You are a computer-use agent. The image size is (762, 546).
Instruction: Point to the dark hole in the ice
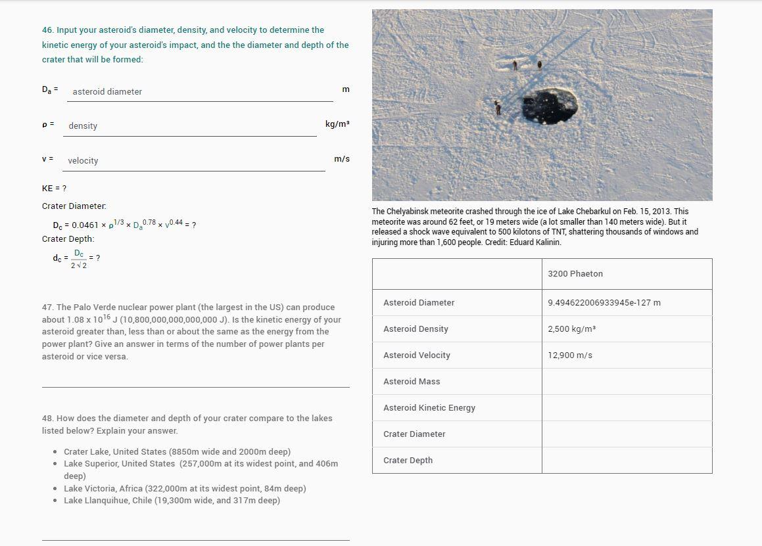(550, 105)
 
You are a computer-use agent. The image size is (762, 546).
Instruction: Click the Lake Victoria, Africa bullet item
(184, 489)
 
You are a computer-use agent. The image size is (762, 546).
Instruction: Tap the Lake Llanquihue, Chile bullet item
(171, 501)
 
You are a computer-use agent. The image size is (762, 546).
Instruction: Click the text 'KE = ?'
(54, 189)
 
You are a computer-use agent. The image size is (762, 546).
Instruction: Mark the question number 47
(47, 307)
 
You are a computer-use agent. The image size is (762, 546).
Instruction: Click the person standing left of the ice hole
(498, 107)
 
